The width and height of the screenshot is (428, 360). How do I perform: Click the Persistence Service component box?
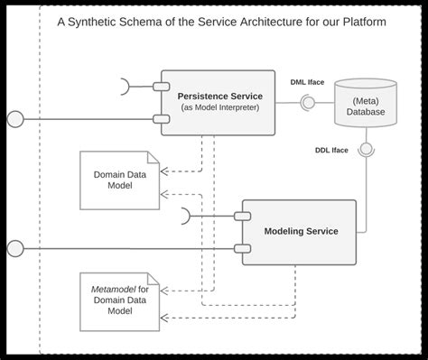219,102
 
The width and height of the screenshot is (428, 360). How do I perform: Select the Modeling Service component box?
300,231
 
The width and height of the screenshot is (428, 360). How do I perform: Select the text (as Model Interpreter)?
219,109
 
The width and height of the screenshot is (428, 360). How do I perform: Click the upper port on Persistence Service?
159,87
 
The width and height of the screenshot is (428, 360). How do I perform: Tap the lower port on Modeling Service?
240,247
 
